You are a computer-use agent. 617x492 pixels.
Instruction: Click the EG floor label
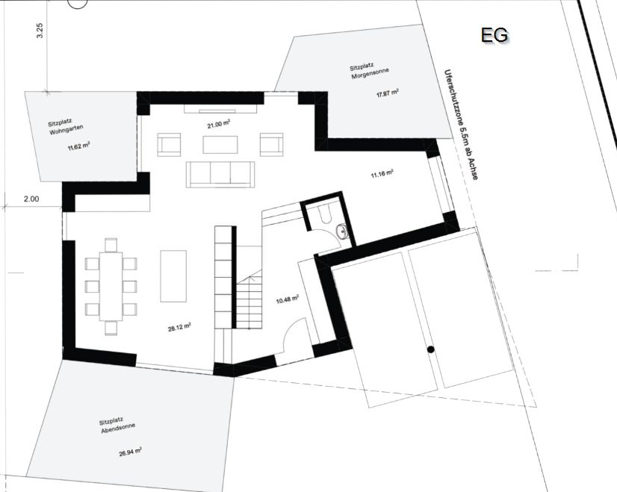494,35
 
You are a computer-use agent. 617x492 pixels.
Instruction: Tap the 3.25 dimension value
40,31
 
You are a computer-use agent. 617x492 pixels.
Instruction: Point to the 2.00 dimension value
31,199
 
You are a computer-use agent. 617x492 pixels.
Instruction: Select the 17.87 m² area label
388,93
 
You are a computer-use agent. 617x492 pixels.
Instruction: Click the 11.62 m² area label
78,146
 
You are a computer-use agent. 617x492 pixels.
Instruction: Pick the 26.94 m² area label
130,452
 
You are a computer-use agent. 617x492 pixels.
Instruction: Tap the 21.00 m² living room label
218,125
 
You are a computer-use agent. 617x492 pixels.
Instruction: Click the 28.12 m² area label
179,327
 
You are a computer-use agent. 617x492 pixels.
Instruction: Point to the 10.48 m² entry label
288,300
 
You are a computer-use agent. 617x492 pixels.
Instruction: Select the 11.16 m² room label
382,173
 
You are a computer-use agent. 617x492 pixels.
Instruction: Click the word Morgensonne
370,73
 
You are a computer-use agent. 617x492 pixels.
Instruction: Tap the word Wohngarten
66,130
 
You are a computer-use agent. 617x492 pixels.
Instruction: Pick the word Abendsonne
118,429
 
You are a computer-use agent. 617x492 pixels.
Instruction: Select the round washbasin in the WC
342,231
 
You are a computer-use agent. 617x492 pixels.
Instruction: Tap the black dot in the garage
430,349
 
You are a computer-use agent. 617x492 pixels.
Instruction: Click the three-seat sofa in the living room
220,174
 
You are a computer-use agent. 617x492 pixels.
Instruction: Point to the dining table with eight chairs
111,286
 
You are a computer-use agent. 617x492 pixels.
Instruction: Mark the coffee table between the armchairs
220,145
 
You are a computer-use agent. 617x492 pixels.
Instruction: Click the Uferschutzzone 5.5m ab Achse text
461,125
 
